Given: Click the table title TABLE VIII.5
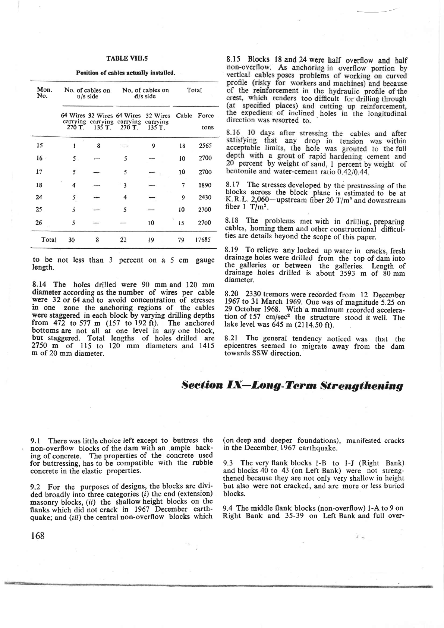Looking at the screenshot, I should (127, 59).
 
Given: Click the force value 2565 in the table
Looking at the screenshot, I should (205, 146).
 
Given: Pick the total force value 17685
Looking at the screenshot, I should (203, 240).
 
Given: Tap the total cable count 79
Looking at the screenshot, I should (181, 240).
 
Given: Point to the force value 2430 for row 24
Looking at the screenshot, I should (205, 198).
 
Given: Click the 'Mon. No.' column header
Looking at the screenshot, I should (45, 93).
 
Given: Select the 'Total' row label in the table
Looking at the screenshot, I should (49, 240).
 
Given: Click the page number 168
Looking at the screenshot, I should (38, 536).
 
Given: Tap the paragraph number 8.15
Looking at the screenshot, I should (234, 60).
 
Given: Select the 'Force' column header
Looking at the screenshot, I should (206, 116).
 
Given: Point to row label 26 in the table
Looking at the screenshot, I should (38, 223).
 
